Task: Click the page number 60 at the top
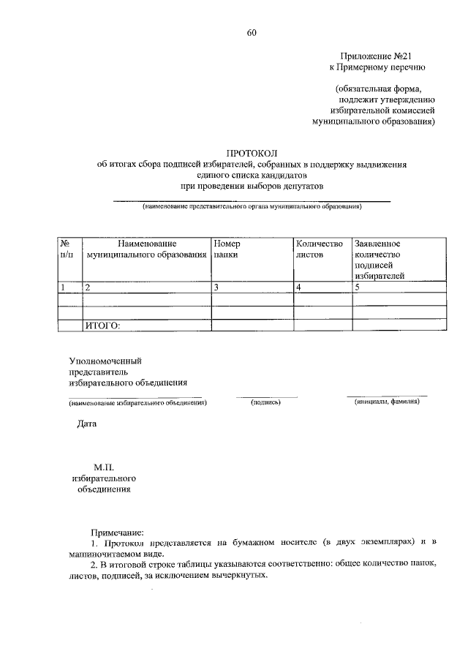click(252, 32)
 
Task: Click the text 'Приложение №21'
click(371, 56)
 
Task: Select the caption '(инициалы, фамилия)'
click(386, 402)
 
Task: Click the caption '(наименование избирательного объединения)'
click(138, 402)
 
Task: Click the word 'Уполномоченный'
click(105, 361)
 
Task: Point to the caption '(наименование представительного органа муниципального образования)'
click(252, 206)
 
